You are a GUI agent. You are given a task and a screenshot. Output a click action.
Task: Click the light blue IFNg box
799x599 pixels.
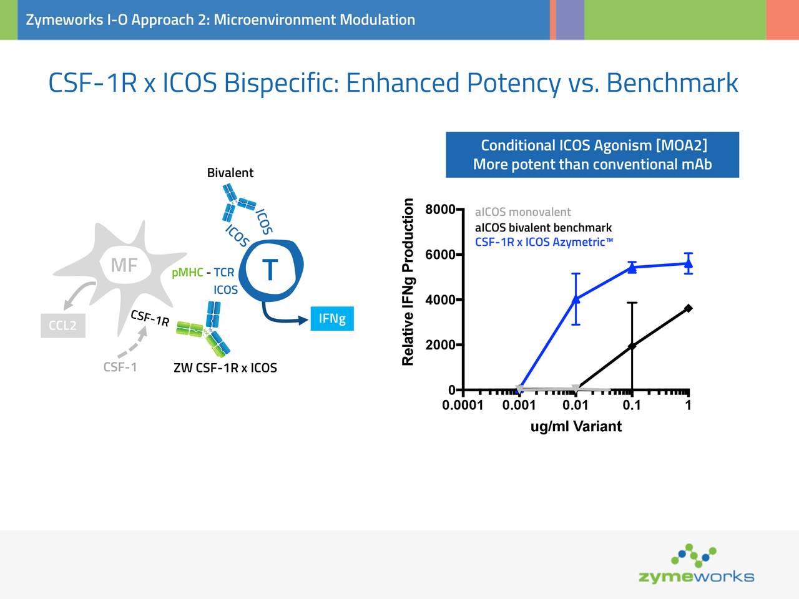(x=332, y=319)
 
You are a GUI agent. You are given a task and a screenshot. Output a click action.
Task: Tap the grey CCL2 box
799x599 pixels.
(x=62, y=325)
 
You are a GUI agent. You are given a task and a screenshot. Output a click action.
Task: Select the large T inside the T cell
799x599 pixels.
(x=270, y=270)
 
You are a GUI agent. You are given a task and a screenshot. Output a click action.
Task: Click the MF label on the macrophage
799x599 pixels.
(x=124, y=265)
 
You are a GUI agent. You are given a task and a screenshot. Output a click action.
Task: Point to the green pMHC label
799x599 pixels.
(x=187, y=273)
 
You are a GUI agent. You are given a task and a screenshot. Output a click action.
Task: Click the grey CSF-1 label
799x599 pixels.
(x=120, y=367)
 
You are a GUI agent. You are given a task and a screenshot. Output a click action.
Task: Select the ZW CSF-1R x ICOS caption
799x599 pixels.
(x=225, y=368)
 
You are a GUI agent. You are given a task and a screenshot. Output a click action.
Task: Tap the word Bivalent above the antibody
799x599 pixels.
(x=230, y=173)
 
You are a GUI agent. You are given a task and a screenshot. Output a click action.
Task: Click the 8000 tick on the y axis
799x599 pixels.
(x=439, y=210)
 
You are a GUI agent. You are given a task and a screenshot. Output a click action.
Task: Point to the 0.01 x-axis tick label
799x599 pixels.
(x=575, y=406)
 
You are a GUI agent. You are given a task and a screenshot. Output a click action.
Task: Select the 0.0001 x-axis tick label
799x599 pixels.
(x=463, y=406)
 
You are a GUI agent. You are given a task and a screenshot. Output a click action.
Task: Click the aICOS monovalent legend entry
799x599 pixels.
(x=522, y=212)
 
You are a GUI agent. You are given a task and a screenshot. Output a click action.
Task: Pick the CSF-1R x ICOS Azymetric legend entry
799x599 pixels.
(x=544, y=242)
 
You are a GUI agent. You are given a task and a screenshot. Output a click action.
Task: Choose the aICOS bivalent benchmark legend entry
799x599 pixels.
(x=543, y=228)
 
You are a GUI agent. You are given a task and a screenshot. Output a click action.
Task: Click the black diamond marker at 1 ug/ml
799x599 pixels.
(x=688, y=308)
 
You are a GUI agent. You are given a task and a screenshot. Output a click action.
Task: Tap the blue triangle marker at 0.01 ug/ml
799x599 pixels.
(x=576, y=299)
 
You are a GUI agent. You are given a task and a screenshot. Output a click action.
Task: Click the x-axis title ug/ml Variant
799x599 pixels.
(x=576, y=427)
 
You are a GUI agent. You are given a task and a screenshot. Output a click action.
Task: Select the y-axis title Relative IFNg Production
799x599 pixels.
(x=408, y=282)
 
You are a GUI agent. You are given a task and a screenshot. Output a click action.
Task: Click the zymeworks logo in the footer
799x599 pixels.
(x=696, y=565)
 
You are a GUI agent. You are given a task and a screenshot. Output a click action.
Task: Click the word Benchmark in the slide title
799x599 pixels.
(x=672, y=83)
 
